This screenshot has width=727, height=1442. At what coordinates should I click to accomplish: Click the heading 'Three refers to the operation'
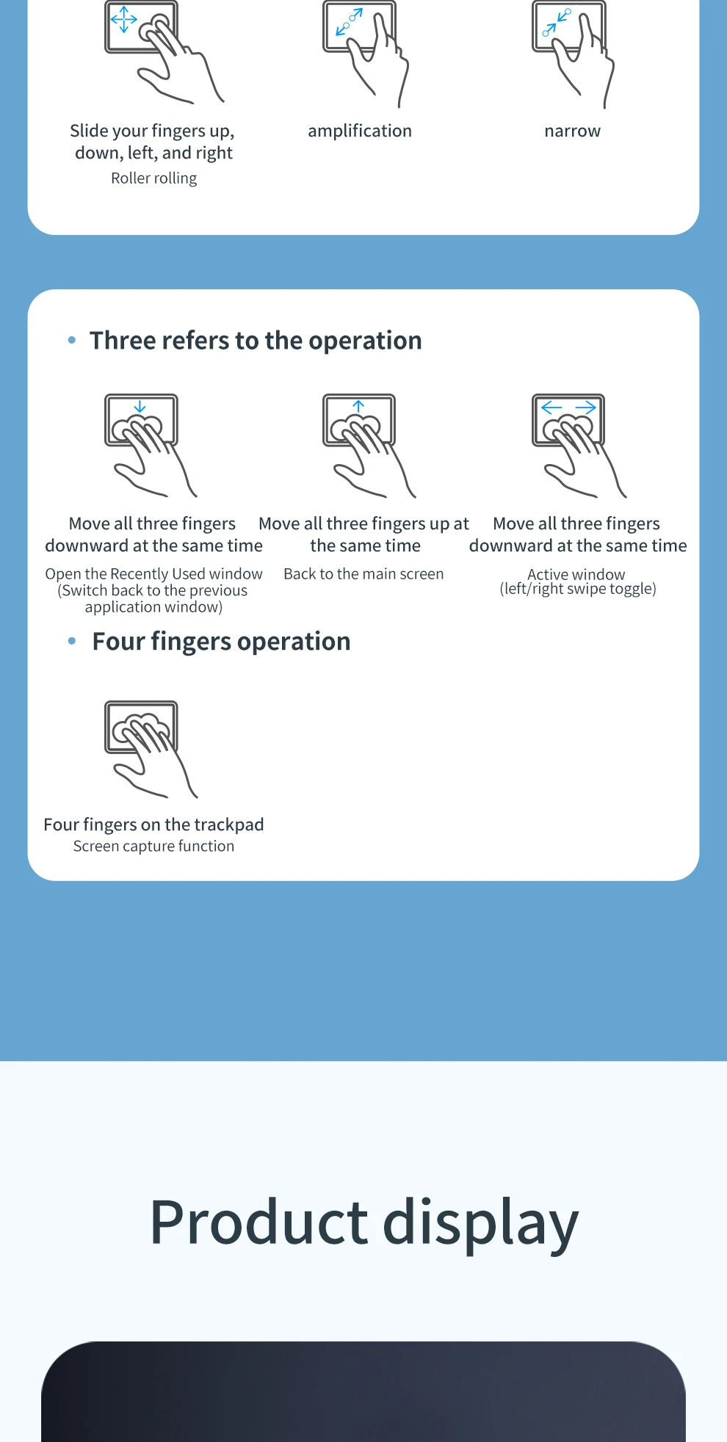coord(256,341)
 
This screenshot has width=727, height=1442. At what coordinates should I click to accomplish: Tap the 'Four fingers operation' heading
coord(221,642)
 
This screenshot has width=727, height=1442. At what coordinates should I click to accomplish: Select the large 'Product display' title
coord(364,1222)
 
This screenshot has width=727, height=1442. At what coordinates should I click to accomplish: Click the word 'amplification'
coord(360,131)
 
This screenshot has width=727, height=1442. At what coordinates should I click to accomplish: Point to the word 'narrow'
coord(572,131)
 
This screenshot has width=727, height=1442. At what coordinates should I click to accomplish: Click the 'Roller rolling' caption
coord(154,178)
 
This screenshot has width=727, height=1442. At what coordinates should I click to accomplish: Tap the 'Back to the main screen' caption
coord(363,574)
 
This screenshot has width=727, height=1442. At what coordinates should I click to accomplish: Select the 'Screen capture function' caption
coord(154,847)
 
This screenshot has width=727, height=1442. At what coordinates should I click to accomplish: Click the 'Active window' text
coord(576,574)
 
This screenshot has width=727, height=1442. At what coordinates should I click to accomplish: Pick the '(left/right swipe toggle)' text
coord(578,589)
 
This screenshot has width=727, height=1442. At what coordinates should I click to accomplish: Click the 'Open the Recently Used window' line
coord(153,574)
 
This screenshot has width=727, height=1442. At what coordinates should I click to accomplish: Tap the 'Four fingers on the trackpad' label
coord(153,825)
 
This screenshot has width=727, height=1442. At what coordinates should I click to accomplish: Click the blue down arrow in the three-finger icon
coord(140,407)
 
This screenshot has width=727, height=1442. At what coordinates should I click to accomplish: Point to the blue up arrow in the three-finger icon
coord(358,406)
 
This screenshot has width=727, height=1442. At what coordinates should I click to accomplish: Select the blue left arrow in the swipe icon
coord(551,407)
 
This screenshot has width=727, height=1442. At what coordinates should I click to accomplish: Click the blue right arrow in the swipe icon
coord(585,407)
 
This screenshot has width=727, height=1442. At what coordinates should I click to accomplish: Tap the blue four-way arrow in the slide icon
coord(123,20)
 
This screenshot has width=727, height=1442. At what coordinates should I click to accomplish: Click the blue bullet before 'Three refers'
coord(72,340)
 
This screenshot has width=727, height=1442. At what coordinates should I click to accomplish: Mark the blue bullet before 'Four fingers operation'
coord(72,641)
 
